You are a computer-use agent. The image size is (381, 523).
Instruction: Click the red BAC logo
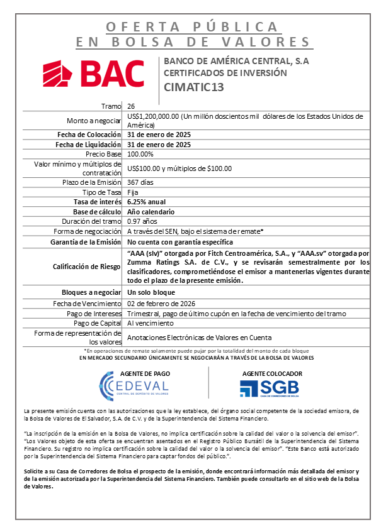(x=93, y=74)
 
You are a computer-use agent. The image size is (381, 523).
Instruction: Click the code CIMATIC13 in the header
(x=193, y=87)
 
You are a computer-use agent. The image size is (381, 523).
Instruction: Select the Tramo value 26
(x=130, y=106)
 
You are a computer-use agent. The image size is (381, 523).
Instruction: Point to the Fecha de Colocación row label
(x=88, y=135)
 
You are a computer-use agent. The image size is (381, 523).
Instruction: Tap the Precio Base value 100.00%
(x=140, y=153)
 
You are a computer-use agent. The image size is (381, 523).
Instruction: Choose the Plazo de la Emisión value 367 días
(x=141, y=182)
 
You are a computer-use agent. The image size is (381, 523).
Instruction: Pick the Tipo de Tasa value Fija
(x=133, y=192)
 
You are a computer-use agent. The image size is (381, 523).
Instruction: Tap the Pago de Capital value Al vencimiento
(x=150, y=322)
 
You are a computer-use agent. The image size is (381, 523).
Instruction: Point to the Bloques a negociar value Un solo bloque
(x=152, y=293)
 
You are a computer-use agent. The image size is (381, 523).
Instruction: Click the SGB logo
(x=269, y=388)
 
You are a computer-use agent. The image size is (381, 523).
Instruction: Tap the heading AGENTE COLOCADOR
(x=272, y=373)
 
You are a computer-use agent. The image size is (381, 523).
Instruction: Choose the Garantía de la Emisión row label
(x=86, y=241)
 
